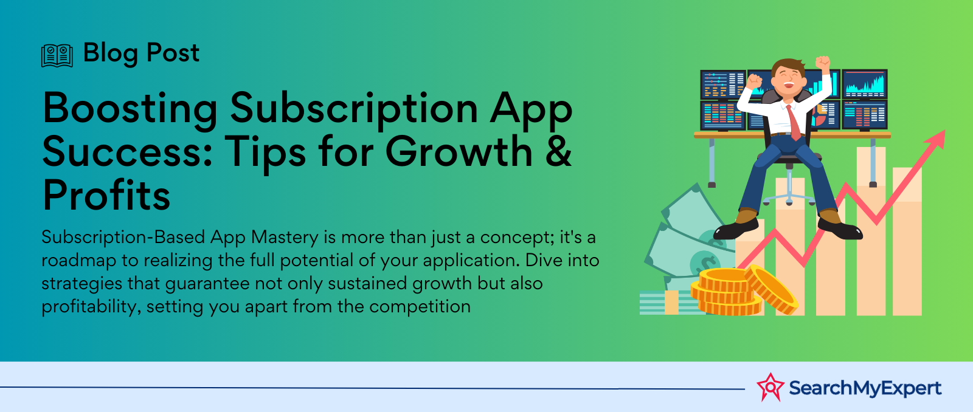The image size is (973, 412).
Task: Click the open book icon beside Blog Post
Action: coord(57,55)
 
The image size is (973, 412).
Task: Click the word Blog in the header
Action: coord(111,53)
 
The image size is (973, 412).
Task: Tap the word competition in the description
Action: coord(420,307)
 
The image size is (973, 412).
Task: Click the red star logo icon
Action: coord(770,387)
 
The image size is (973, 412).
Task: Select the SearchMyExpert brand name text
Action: coord(865,388)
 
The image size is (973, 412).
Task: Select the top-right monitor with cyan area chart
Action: coord(864,84)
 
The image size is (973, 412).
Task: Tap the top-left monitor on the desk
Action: coord(722,84)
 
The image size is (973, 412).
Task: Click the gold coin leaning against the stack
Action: coord(772,289)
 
